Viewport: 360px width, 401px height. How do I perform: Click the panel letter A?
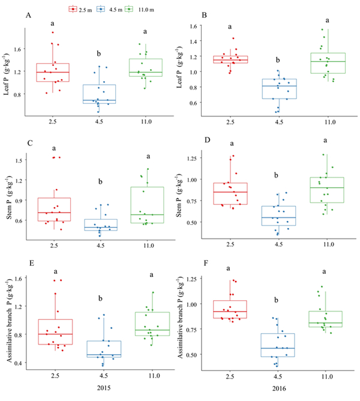point(28,16)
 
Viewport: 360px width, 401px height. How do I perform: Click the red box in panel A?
point(61,72)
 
